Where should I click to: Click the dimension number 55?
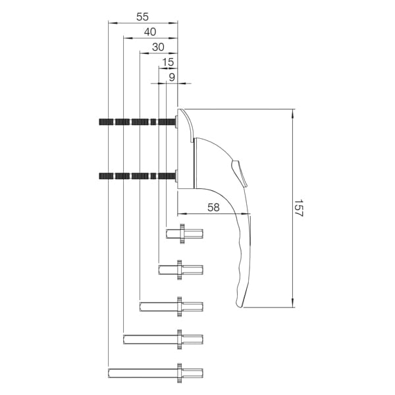(143, 16)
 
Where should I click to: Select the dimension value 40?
(150, 32)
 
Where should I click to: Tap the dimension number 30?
(159, 47)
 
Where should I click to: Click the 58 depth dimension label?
(213, 207)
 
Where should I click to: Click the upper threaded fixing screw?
(138, 121)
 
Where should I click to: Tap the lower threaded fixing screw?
(138, 175)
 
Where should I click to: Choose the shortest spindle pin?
(184, 233)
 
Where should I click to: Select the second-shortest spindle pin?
(180, 269)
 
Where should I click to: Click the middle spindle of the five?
(171, 305)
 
